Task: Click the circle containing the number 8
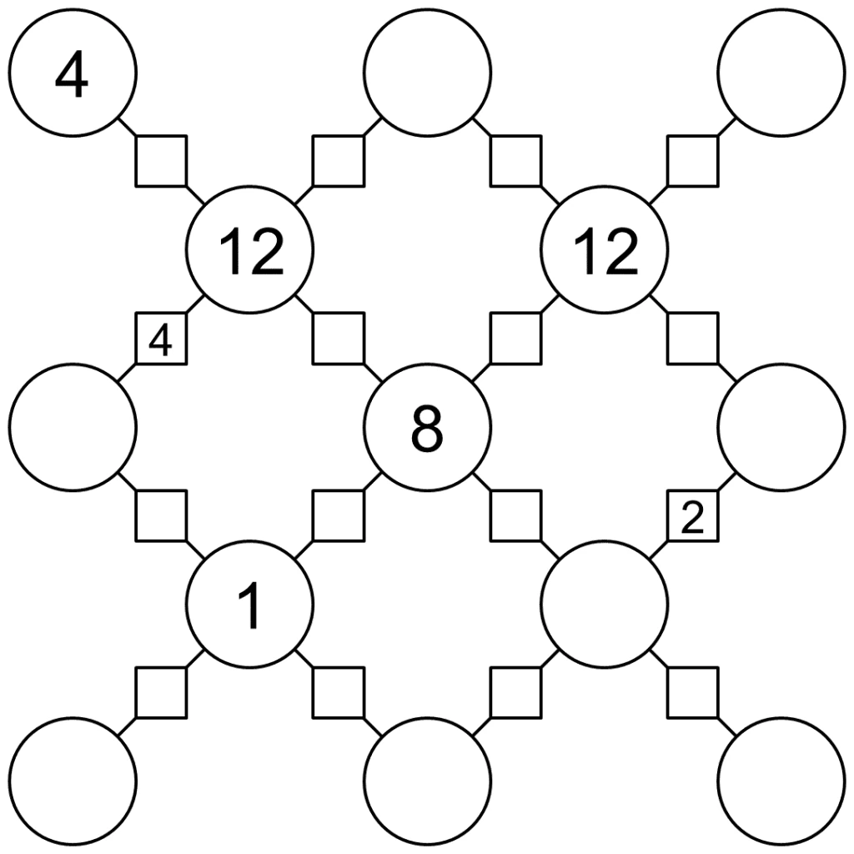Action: tap(427, 427)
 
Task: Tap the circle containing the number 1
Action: tap(249, 604)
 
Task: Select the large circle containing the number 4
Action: tap(73, 73)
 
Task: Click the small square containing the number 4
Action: tap(161, 339)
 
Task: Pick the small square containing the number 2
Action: tap(692, 516)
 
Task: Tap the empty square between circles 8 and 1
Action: tap(338, 516)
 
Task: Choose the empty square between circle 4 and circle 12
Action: tap(161, 162)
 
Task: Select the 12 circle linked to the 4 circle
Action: tap(249, 250)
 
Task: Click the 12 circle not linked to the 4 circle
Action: tap(604, 250)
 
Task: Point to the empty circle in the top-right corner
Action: tap(781, 73)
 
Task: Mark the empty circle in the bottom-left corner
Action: tap(73, 781)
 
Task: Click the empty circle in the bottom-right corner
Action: tap(781, 781)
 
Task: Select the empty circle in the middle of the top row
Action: tap(427, 73)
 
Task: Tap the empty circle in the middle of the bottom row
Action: tap(427, 781)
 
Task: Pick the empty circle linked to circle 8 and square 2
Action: tap(604, 604)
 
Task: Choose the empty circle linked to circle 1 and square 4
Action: tap(73, 427)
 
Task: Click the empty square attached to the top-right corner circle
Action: tap(692, 162)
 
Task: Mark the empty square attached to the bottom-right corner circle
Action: tap(692, 692)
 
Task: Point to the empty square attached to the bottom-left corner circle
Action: tap(161, 692)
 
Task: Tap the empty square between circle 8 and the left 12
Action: tap(338, 339)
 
